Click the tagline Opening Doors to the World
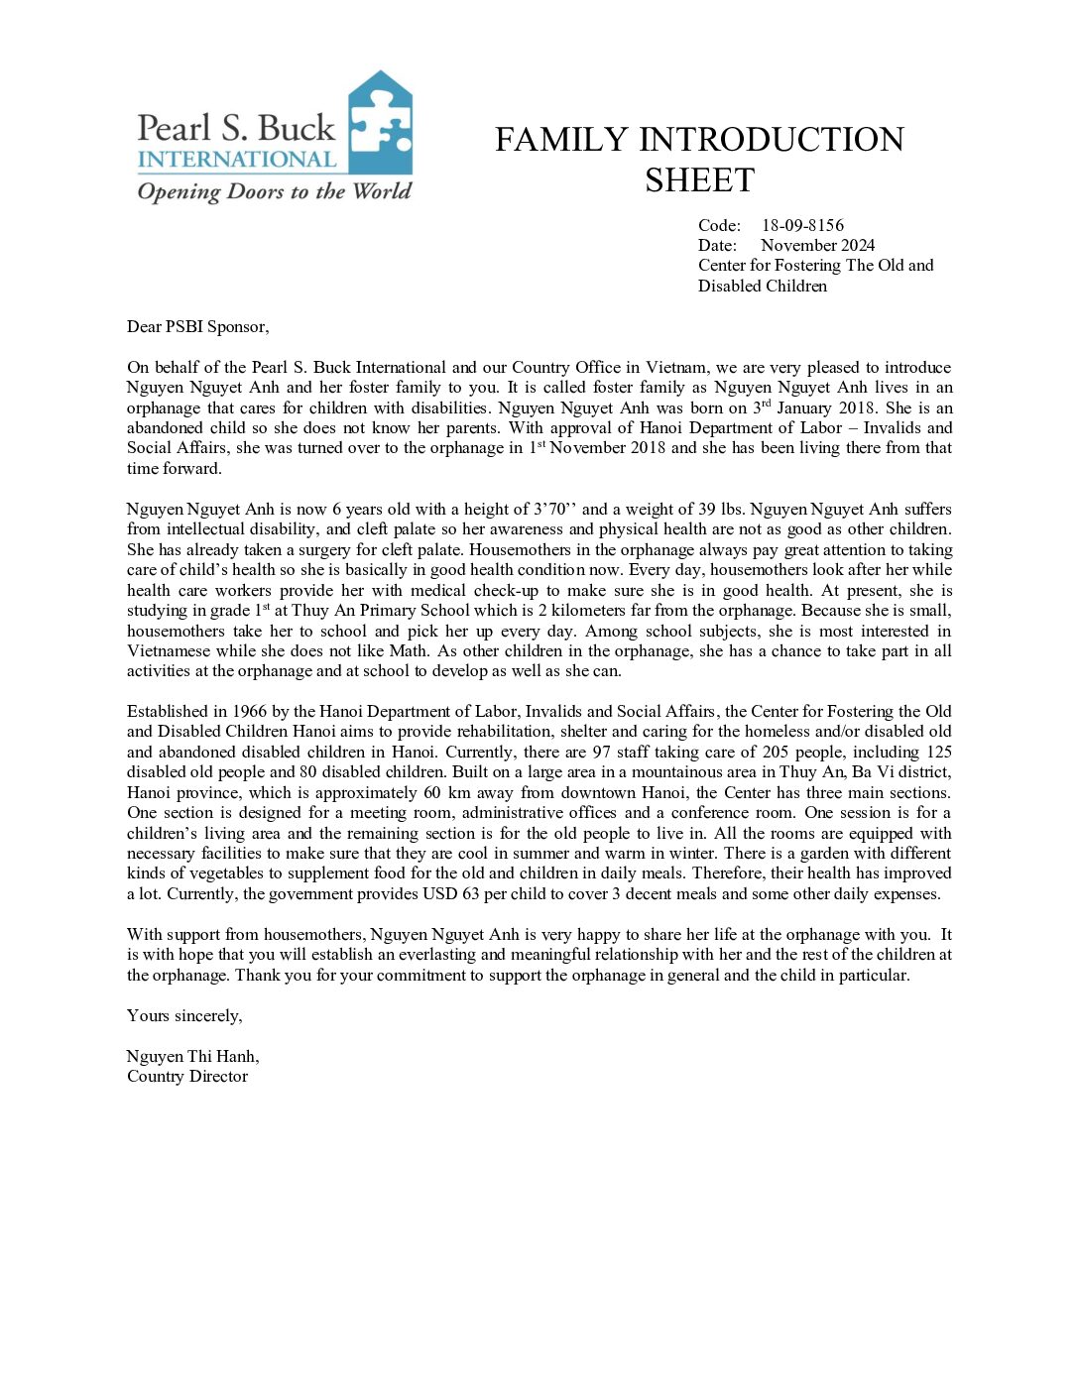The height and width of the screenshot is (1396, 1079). (x=274, y=191)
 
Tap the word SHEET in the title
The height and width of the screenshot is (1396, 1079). (x=699, y=180)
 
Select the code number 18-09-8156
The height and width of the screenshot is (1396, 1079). (x=802, y=225)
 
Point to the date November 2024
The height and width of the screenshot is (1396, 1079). (x=817, y=245)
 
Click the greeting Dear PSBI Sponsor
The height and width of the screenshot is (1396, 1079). (x=197, y=326)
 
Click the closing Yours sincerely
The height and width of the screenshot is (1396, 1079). (x=184, y=1015)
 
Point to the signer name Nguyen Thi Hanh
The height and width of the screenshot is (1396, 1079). (x=192, y=1056)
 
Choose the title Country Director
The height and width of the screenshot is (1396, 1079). (x=187, y=1076)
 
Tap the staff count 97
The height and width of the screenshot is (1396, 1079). (x=601, y=752)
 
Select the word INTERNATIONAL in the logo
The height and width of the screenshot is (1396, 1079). (x=237, y=160)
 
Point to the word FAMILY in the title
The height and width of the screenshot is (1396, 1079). (x=562, y=140)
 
